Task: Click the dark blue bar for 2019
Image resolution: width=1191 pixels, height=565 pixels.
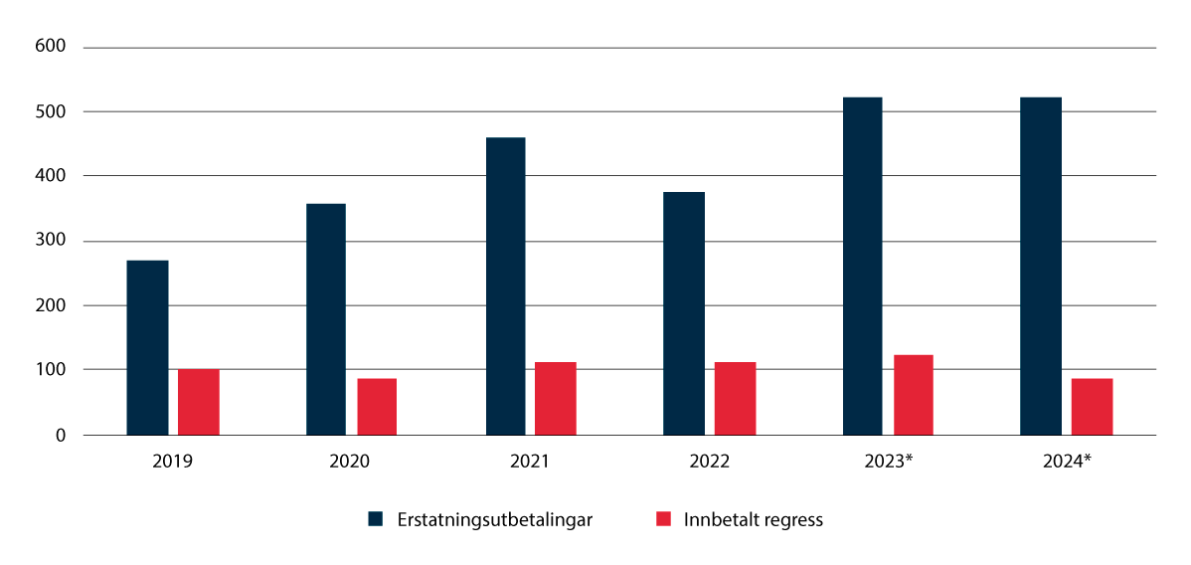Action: [147, 347]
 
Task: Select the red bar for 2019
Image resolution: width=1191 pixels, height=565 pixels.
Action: [199, 402]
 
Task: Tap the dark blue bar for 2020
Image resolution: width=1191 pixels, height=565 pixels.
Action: [326, 319]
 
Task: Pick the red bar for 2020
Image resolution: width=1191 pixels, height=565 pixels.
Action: [377, 407]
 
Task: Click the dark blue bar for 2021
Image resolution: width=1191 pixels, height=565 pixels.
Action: [505, 286]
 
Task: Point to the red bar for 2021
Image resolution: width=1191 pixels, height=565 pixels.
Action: [556, 398]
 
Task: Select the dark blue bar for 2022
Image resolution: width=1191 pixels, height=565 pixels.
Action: [684, 313]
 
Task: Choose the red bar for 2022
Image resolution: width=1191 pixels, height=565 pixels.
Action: [735, 398]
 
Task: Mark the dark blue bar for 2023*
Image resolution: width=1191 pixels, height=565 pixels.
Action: [862, 266]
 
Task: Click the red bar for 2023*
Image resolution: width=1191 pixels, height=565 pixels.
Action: [913, 395]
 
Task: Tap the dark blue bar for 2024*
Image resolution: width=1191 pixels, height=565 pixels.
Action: [1041, 266]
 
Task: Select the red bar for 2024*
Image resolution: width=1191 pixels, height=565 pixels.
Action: [1092, 407]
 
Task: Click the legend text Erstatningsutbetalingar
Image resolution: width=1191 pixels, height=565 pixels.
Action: [494, 519]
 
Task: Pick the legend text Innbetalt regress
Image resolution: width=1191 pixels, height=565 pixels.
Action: [753, 519]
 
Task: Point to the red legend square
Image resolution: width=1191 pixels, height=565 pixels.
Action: [664, 519]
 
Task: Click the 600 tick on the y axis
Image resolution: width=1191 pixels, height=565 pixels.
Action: [51, 47]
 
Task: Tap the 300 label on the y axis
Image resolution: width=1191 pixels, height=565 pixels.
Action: [51, 242]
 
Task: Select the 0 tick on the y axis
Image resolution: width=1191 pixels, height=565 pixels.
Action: [60, 436]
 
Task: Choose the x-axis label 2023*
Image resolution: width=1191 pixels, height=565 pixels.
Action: [888, 462]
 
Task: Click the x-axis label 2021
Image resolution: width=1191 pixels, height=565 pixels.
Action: [530, 462]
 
